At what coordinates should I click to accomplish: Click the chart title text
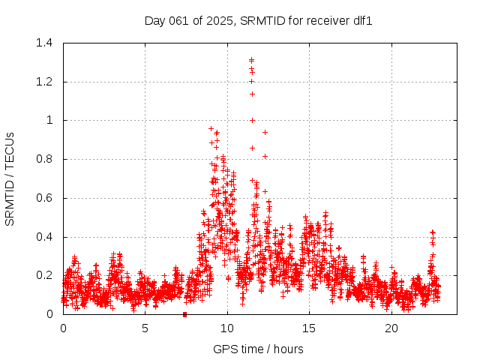click(258, 21)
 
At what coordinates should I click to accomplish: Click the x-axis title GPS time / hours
click(258, 349)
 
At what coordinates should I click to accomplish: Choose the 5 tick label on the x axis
click(145, 328)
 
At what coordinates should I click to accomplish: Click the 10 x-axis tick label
click(227, 328)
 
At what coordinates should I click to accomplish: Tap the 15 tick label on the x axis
click(310, 328)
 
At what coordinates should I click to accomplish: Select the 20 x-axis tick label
click(391, 328)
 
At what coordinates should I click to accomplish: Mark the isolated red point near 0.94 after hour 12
click(265, 132)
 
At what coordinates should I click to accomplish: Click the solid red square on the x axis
click(184, 314)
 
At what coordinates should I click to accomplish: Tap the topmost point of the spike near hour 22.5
click(432, 232)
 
